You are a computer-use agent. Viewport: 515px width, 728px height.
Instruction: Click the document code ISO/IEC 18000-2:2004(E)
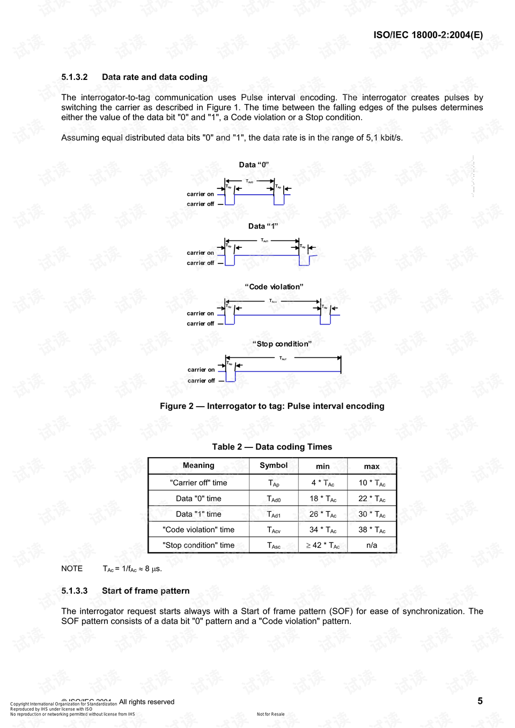coord(428,35)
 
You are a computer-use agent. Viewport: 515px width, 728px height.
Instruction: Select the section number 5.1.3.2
coord(75,77)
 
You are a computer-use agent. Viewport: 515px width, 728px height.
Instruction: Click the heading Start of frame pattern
coord(145,591)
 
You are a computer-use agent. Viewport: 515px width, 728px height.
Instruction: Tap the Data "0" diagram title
coord(254,165)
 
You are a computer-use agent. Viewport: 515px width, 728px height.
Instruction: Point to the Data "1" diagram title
coord(263,226)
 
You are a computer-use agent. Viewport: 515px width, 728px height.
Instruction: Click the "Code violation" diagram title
coord(274,287)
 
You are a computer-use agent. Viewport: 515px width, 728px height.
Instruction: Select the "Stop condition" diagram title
coord(282,344)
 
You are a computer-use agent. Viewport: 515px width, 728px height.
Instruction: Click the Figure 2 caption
coord(272,406)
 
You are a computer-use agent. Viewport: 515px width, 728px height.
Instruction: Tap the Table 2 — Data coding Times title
coord(272,447)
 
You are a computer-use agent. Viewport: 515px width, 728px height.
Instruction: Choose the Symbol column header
coord(274,466)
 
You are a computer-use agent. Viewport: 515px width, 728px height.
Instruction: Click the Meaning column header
coord(198,466)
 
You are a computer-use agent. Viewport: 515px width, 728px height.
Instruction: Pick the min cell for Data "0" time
coord(323,498)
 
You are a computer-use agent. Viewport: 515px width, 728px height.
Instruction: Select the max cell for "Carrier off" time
coord(372,483)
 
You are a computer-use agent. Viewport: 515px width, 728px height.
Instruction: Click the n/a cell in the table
coord(372,545)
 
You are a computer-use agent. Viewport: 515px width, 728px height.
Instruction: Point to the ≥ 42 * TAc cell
coord(323,545)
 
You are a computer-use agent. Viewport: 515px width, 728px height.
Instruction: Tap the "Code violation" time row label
coord(198,530)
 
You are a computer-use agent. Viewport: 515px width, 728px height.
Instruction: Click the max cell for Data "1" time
coord(372,514)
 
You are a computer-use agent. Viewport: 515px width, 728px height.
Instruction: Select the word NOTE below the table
coord(72,569)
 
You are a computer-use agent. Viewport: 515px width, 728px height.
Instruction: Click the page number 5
coord(480,701)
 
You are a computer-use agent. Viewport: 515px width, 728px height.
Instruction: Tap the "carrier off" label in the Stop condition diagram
coord(201,381)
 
